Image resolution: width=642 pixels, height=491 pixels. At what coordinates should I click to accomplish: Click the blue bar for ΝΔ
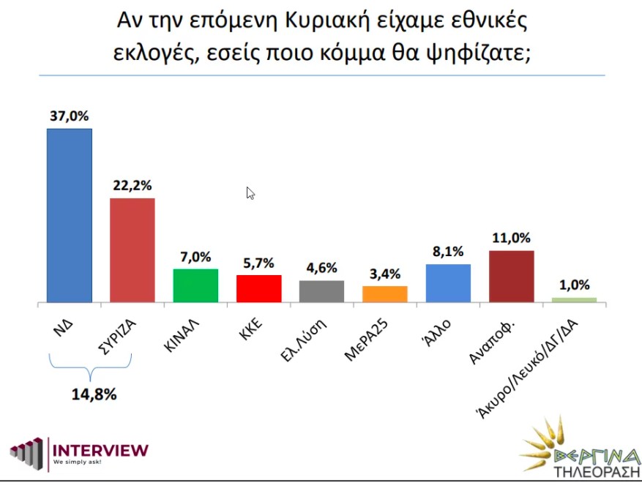(70, 215)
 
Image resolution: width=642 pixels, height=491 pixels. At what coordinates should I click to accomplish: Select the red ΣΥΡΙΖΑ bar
(132, 250)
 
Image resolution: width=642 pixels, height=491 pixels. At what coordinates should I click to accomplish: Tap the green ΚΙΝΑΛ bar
(195, 285)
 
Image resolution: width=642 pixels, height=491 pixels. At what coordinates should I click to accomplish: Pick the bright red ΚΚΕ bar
(259, 288)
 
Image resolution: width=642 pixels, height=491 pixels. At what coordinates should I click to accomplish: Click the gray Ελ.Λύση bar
(321, 291)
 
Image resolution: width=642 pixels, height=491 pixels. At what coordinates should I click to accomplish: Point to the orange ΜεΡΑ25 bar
(385, 293)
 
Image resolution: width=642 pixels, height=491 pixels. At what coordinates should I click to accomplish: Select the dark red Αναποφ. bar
(511, 276)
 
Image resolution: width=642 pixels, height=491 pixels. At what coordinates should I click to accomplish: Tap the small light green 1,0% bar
(574, 299)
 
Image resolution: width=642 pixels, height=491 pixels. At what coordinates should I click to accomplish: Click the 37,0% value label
(70, 116)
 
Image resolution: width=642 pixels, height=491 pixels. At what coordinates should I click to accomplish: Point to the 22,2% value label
(132, 186)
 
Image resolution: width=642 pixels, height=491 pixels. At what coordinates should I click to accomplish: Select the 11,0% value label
(512, 239)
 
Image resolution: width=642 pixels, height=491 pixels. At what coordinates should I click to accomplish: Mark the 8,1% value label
(449, 252)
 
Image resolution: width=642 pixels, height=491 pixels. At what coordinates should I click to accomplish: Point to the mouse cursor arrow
(250, 192)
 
